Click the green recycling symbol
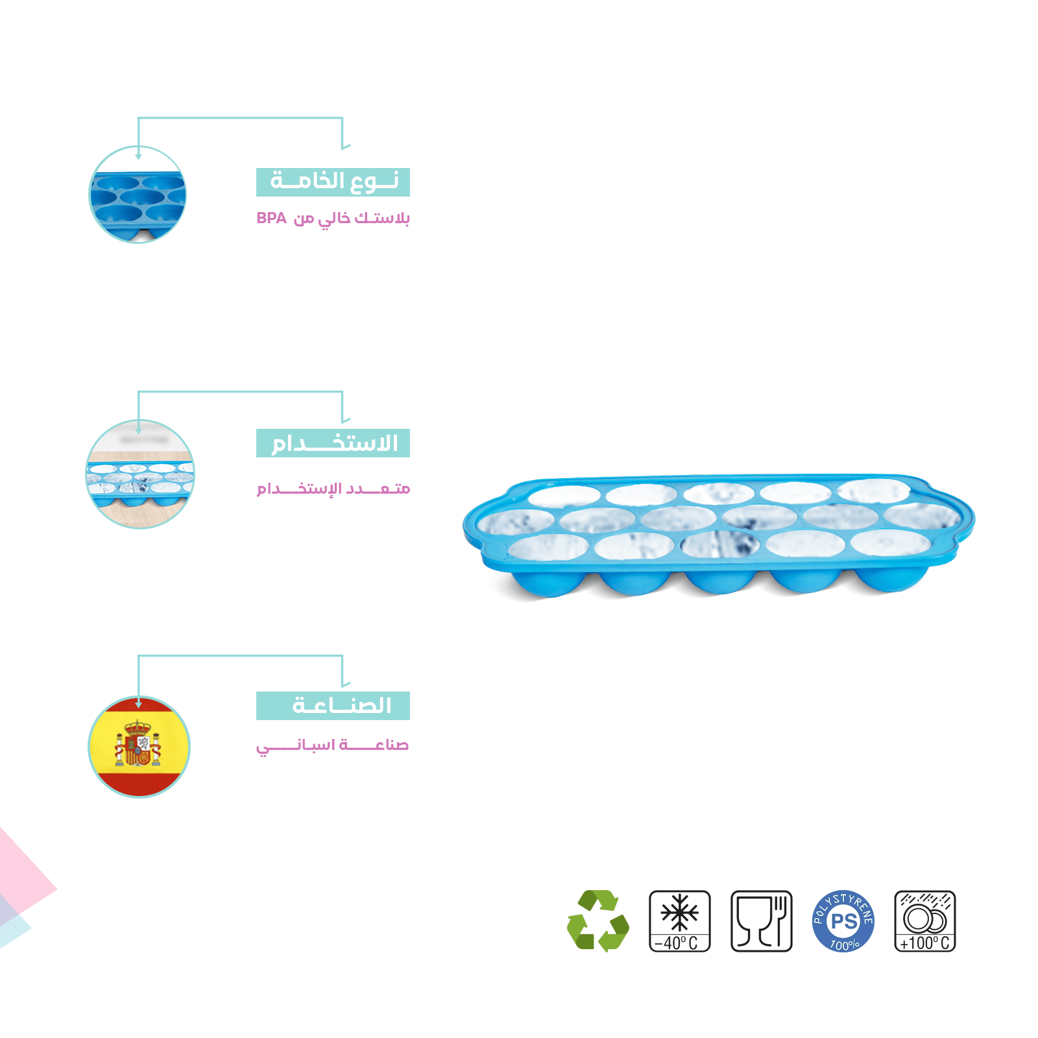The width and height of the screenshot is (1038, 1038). (x=597, y=921)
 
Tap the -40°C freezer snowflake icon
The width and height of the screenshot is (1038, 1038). (x=679, y=921)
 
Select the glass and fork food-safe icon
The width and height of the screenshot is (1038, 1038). (x=761, y=921)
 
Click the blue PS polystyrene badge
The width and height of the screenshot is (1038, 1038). (x=843, y=921)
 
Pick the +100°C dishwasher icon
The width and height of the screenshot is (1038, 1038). (x=924, y=921)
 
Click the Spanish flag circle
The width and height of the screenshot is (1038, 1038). (x=139, y=747)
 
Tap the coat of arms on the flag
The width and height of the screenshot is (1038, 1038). (x=138, y=743)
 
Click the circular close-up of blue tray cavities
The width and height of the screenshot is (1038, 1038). (x=138, y=195)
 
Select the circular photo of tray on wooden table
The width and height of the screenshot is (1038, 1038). (x=139, y=474)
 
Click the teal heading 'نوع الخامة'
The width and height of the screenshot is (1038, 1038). (x=333, y=182)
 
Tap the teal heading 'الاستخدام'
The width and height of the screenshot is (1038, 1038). (x=333, y=443)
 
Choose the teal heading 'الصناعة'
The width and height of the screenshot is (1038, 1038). (x=333, y=705)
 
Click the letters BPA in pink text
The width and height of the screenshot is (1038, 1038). (x=271, y=218)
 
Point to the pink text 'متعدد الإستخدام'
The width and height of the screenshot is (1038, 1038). (x=333, y=489)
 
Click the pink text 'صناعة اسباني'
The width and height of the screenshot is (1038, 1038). (x=333, y=745)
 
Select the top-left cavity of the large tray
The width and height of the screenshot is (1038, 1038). (x=564, y=497)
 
